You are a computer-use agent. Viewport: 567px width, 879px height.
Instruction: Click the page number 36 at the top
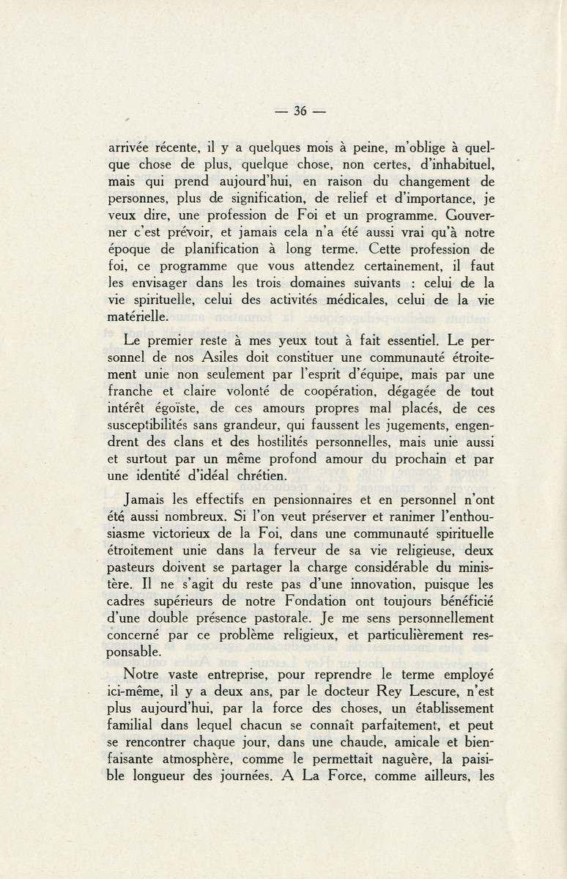[x=299, y=112]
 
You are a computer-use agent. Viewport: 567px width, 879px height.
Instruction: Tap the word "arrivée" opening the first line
[x=130, y=146]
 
